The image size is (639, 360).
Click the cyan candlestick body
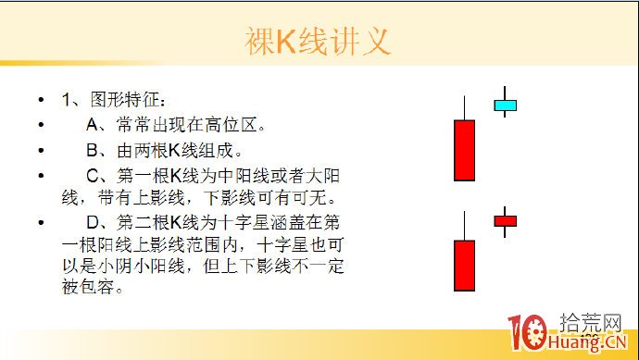505,106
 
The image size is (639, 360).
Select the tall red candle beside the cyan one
464,149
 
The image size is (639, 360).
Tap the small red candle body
505,220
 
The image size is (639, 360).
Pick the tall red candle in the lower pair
464,266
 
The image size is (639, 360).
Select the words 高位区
240,124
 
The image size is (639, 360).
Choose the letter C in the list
93,176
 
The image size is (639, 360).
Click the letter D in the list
93,222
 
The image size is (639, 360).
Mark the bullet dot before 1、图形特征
41,100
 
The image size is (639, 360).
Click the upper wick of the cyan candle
505,93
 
